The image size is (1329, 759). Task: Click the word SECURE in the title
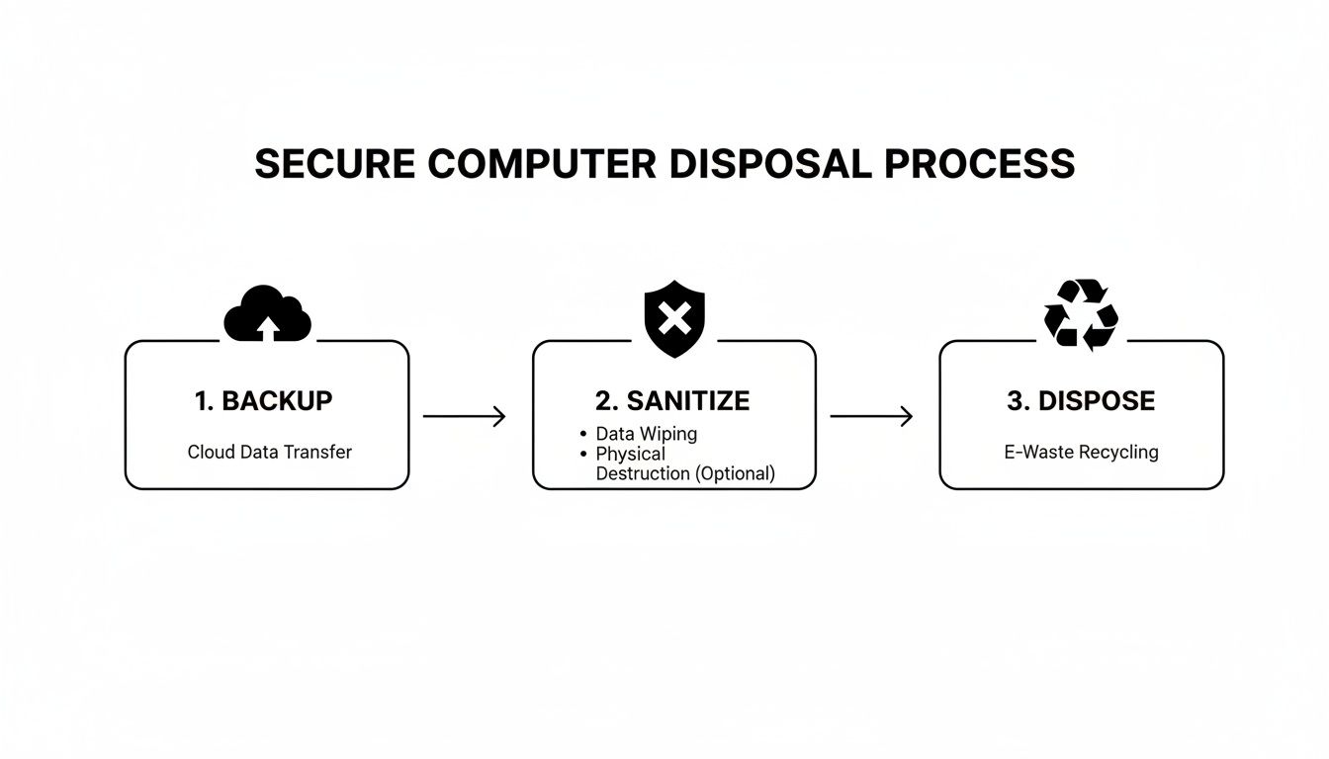334,164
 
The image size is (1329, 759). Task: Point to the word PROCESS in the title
980,164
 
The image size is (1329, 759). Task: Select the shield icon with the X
674,318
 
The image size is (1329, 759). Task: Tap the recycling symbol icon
1081,314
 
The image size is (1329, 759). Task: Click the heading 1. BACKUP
264,400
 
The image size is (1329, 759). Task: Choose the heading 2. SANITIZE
672,400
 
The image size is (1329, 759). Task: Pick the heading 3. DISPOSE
1081,400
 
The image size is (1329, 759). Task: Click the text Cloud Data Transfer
269,452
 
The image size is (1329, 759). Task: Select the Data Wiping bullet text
646,434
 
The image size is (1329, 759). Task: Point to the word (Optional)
736,473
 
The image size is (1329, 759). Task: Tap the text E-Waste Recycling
1081,452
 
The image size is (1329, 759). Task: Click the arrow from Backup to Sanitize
465,417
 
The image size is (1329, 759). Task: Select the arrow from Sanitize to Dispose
871,417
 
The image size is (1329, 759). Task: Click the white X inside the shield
674,318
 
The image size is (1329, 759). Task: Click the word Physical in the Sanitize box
630,454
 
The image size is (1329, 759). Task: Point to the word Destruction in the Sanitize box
643,473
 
